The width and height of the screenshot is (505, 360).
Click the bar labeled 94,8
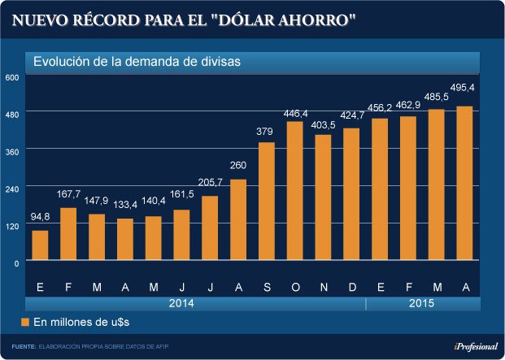(40, 246)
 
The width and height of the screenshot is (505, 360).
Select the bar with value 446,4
(295, 192)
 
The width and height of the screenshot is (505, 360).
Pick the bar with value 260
(238, 220)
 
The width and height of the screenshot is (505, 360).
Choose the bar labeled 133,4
(125, 240)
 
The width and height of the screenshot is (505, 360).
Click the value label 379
(266, 132)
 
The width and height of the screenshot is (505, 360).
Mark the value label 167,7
(68, 194)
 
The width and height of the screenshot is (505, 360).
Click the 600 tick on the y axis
(12, 77)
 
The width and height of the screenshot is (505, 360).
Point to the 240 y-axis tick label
(12, 189)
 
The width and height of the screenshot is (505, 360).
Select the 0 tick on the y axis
(15, 262)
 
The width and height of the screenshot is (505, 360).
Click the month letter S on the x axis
(267, 286)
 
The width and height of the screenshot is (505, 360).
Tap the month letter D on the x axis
(352, 286)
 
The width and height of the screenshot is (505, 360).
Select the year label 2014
(181, 303)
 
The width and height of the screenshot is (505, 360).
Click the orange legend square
(25, 323)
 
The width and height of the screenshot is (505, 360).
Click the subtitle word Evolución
(62, 62)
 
